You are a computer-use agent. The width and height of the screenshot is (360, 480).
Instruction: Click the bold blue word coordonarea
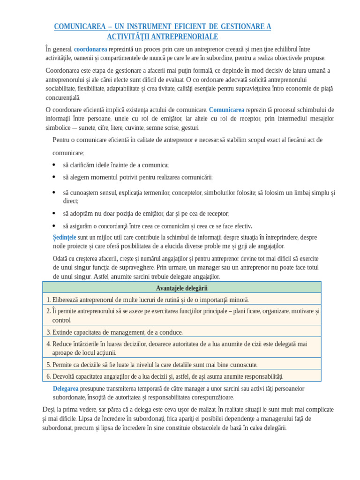[90, 49]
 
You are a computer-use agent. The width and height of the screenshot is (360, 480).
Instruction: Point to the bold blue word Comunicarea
[226, 110]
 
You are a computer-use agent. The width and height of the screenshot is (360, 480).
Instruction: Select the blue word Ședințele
[64, 238]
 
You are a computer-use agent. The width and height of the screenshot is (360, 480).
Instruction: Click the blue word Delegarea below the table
[66, 389]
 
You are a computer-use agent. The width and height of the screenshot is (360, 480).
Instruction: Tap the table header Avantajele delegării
[181, 288]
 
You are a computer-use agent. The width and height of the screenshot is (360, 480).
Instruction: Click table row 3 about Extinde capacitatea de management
[115, 332]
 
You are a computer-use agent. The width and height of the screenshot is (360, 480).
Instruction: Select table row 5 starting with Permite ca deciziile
[152, 364]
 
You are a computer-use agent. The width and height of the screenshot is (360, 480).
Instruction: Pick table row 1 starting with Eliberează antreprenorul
[148, 300]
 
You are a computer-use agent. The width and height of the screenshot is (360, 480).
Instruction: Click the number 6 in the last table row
[48, 376]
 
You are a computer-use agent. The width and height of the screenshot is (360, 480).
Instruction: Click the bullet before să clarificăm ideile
[54, 165]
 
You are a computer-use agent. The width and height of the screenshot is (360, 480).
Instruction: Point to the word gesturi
[190, 127]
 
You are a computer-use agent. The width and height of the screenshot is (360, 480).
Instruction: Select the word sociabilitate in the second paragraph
[60, 88]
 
